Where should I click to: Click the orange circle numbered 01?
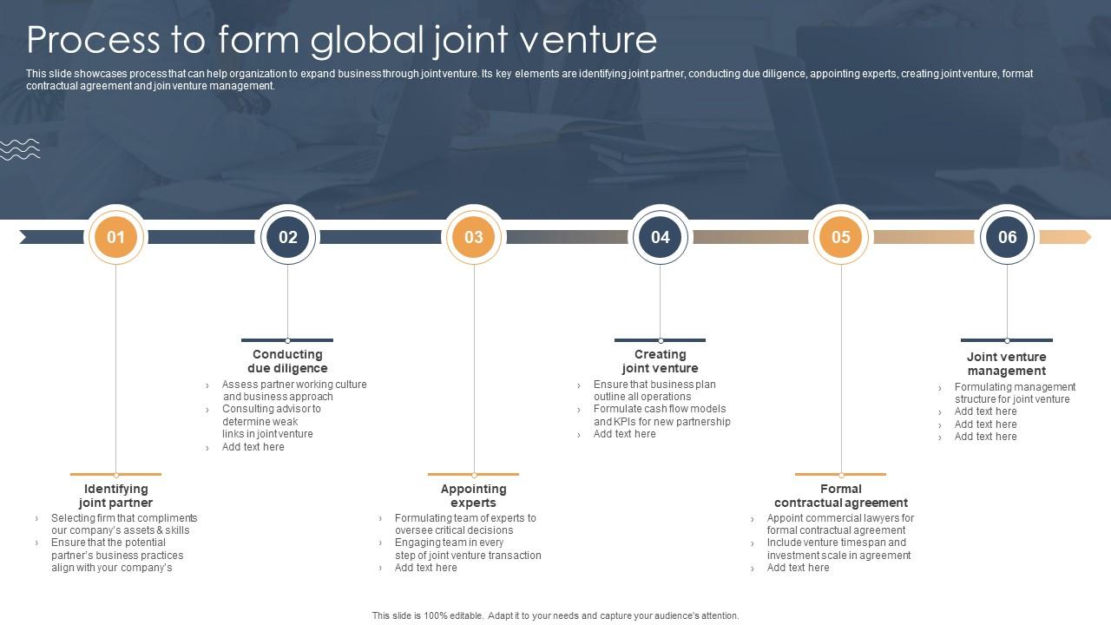pos(115,237)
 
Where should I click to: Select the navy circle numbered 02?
pos(287,237)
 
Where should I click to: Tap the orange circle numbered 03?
pos(474,237)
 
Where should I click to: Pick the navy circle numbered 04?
pos(661,237)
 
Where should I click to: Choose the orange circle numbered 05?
pos(841,237)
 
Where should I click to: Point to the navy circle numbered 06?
pos(1007,237)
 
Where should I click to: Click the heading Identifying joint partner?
pos(115,496)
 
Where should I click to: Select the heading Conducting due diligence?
pos(287,361)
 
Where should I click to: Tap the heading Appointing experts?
pos(473,496)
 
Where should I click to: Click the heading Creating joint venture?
pos(660,361)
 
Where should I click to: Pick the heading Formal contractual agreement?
pos(841,496)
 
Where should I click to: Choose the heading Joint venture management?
pos(1007,364)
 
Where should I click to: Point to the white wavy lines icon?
pos(20,149)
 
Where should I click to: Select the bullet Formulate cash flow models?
pos(660,409)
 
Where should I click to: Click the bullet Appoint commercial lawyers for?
pos(840,518)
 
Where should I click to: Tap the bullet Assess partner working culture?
pos(294,385)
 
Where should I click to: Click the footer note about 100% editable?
pos(555,615)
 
